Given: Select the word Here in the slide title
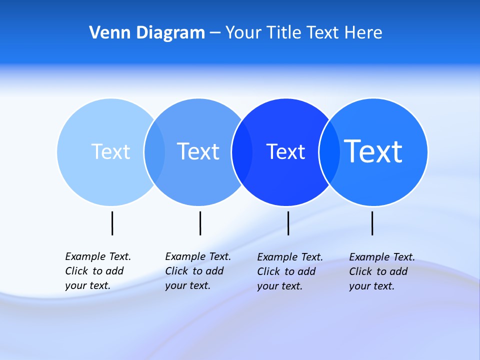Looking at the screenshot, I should point(363,32).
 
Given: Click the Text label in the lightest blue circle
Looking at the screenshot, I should point(110,151).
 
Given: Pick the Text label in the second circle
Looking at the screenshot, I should point(198,151).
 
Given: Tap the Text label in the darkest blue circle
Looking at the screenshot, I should point(285,151).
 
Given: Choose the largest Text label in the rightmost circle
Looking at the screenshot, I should point(373,151).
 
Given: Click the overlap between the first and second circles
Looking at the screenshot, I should point(155,151).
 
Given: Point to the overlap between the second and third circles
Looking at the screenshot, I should point(242,151).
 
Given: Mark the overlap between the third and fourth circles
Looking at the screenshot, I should point(329,151).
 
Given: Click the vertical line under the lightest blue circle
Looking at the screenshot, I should point(112,223).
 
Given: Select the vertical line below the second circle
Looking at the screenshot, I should point(200,223).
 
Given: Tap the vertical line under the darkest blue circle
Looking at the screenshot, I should point(288,223).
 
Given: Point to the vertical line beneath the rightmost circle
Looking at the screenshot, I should point(372,223).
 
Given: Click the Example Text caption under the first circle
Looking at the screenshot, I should point(97,271).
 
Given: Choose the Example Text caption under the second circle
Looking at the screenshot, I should point(197,271).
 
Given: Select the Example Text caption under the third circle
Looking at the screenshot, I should point(289,271).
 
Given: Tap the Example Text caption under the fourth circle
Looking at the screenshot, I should point(381,271).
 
